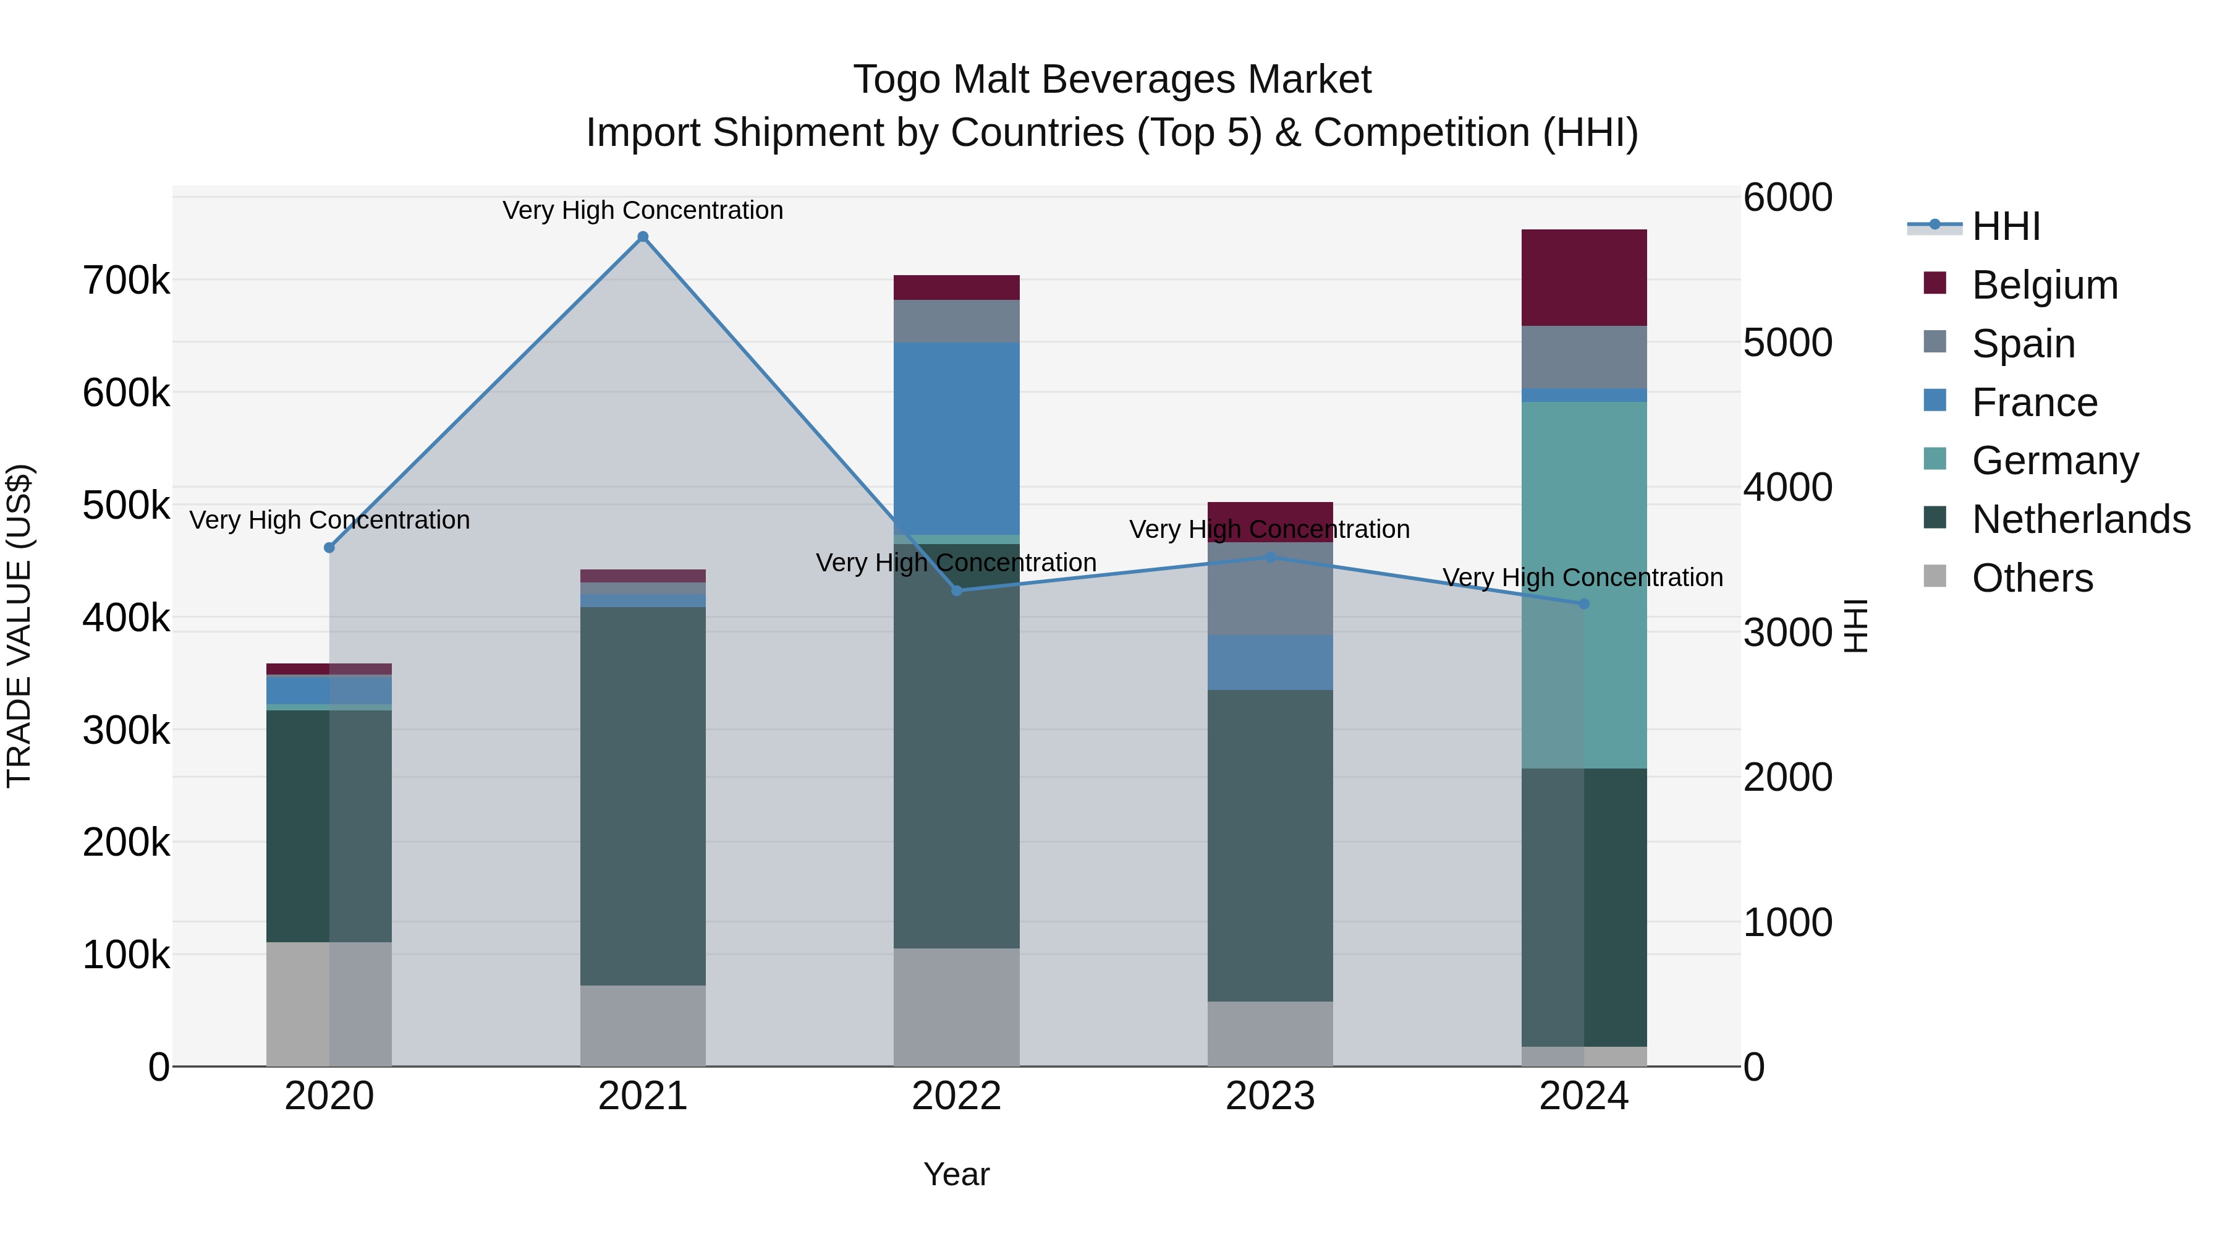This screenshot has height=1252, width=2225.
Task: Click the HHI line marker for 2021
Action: tap(643, 237)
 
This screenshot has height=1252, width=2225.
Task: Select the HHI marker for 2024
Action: tap(1583, 604)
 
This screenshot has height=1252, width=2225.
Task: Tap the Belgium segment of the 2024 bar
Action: tap(1583, 278)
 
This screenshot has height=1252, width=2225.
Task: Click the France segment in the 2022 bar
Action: tap(956, 438)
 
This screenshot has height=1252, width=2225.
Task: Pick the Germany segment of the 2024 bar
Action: tap(1583, 584)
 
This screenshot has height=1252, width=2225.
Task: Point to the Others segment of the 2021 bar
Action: tap(643, 1026)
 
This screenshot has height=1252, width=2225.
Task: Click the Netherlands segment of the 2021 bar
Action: tap(643, 796)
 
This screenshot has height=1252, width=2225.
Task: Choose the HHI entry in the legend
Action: tap(2006, 226)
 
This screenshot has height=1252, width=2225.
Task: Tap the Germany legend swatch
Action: tap(1935, 459)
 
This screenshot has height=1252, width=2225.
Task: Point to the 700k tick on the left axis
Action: tap(126, 281)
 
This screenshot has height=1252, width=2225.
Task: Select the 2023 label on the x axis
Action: tap(1269, 1096)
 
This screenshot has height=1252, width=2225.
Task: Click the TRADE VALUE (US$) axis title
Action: tap(20, 626)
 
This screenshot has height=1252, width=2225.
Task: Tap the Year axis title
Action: tap(956, 1174)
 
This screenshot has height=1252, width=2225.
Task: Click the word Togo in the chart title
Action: tap(893, 80)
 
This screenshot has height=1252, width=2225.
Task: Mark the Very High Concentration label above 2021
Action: tap(643, 210)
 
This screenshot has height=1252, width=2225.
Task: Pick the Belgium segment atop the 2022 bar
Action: tap(956, 287)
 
